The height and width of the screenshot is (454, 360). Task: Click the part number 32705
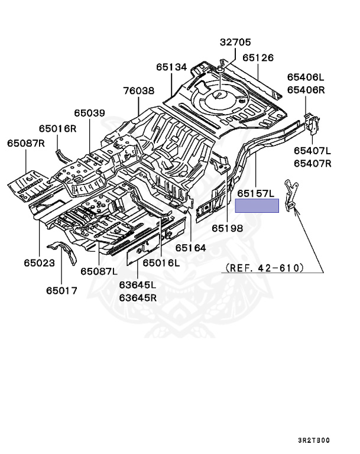point(235,42)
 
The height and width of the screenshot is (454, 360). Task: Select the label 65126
point(258,58)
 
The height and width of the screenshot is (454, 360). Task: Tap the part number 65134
point(171,67)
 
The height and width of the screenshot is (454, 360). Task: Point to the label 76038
point(139,91)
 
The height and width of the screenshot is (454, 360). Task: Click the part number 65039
point(89,113)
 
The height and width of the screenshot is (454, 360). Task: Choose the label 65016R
point(58,128)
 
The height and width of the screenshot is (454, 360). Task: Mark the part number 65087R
point(26,143)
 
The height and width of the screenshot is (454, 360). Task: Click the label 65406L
point(306,77)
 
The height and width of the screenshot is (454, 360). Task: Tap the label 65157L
point(257,194)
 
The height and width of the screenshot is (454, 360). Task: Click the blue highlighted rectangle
point(257,206)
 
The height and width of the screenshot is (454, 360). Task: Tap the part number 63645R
point(138,297)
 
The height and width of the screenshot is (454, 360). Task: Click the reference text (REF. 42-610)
point(264,268)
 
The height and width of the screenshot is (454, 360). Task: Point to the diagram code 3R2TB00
point(314,440)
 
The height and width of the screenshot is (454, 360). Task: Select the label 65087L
point(99,271)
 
